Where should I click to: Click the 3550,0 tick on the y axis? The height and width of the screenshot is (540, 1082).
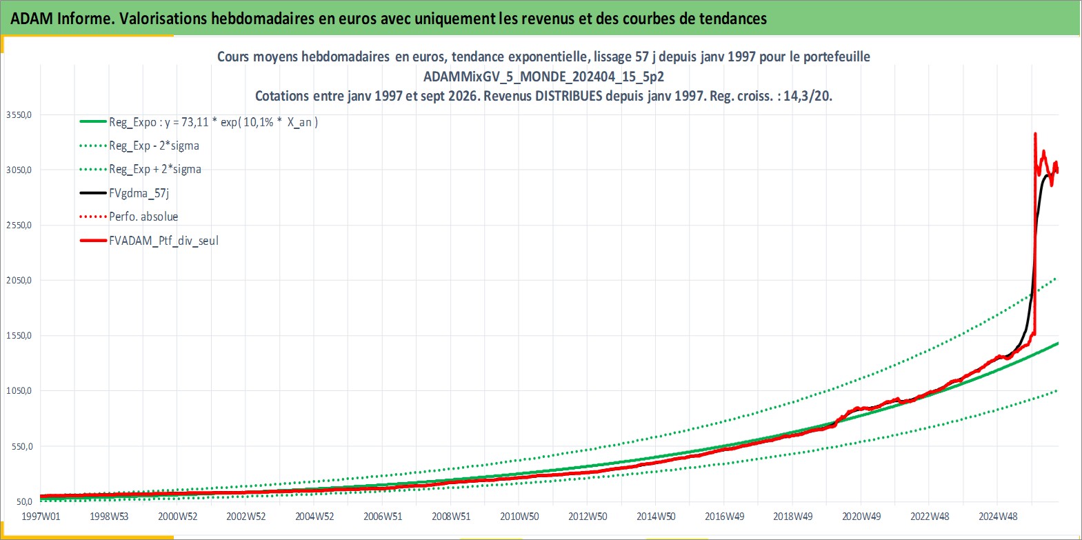[19, 115]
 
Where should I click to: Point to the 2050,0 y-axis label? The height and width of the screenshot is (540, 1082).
[19, 281]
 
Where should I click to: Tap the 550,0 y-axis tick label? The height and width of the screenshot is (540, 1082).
[22, 446]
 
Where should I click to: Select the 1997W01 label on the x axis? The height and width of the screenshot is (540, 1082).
[41, 517]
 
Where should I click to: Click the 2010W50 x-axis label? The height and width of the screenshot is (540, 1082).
[519, 517]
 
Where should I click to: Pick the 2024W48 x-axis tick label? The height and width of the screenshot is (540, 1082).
[998, 517]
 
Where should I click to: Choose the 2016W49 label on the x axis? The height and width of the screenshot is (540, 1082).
[725, 517]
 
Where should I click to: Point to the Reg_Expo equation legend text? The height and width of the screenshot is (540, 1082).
[214, 122]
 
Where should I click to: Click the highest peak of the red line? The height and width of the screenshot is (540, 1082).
[1035, 133]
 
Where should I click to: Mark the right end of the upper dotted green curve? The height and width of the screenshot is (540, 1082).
[1055, 279]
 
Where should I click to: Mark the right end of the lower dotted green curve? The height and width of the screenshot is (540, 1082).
[1056, 390]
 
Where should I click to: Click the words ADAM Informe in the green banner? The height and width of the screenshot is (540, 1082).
[62, 19]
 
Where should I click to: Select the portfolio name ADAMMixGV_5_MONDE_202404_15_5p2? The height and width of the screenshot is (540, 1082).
[544, 77]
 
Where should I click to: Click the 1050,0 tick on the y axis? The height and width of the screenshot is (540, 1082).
[19, 391]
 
